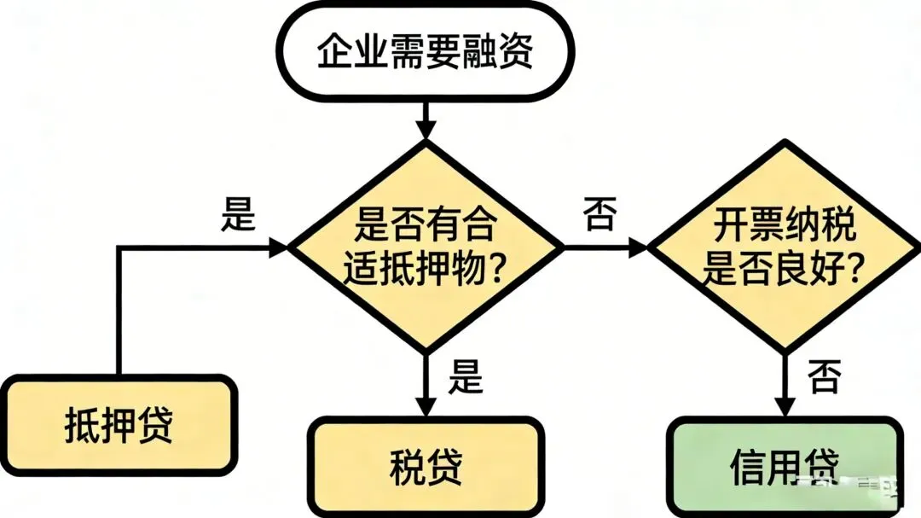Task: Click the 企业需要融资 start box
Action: tap(424, 52)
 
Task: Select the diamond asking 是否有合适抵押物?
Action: tap(424, 248)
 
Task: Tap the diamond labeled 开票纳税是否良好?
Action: tap(785, 248)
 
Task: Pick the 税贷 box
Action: tap(425, 466)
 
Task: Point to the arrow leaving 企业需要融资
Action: tap(424, 118)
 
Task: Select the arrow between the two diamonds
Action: tap(605, 248)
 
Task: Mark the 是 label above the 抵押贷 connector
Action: tap(238, 214)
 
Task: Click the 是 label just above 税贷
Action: tap(466, 375)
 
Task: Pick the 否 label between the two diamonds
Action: tap(599, 214)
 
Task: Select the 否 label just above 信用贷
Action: tap(824, 375)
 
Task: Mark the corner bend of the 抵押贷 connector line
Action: tap(118, 248)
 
